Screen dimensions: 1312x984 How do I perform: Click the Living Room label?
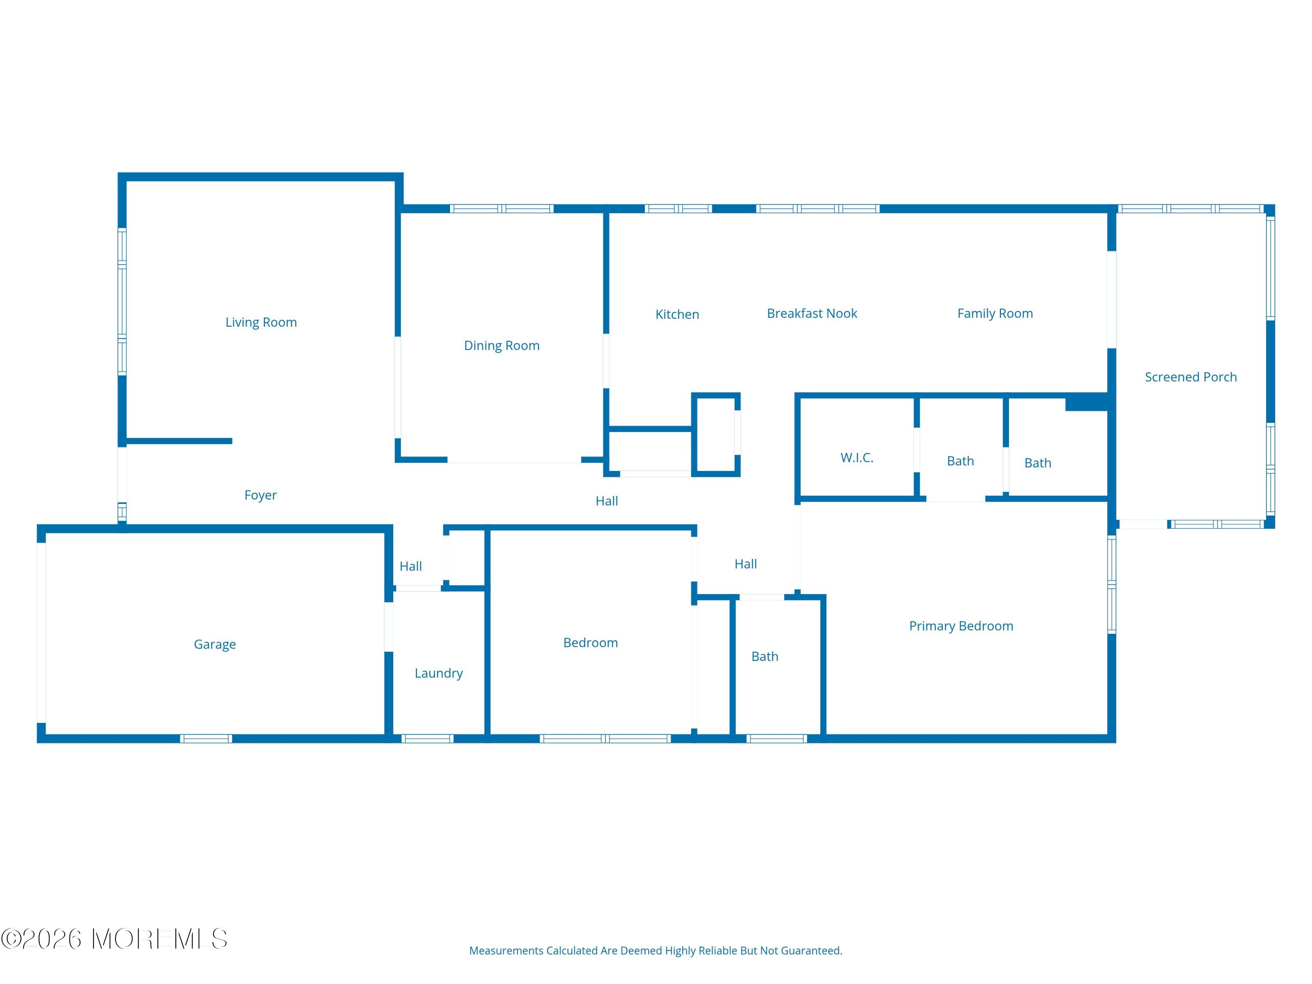coord(261,322)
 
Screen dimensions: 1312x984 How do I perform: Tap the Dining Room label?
coord(502,345)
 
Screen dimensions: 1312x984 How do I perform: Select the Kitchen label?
coord(677,314)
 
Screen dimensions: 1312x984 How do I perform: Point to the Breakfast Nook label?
coord(812,313)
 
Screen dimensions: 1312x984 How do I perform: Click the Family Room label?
coord(995,314)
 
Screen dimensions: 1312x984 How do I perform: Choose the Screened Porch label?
coord(1191,377)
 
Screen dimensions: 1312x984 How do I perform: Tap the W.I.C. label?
coord(857,457)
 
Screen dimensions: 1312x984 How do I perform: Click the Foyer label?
coord(260,495)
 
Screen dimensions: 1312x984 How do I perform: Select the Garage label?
coord(215,644)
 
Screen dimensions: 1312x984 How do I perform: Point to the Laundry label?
coord(439,673)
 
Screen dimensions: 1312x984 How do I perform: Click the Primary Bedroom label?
coord(961,626)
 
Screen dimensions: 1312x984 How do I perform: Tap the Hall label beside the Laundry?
coord(411,566)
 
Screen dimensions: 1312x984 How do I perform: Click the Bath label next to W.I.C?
coord(960,461)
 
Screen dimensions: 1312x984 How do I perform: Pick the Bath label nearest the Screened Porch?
coord(1038,463)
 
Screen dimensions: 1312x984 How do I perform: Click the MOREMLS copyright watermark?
coord(114,939)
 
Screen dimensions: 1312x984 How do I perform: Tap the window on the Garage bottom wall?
coord(206,739)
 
